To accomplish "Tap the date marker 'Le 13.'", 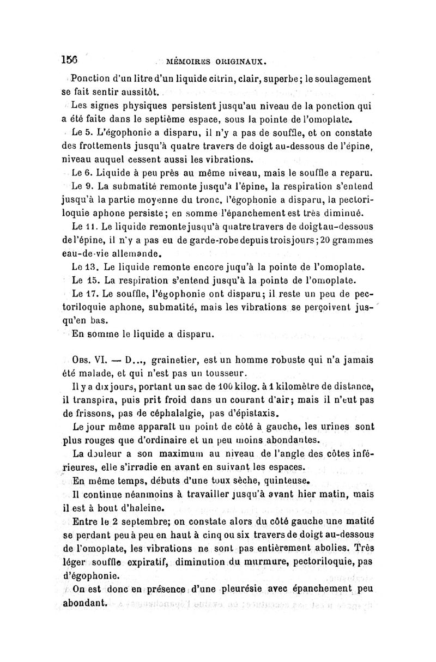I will [83, 268].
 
